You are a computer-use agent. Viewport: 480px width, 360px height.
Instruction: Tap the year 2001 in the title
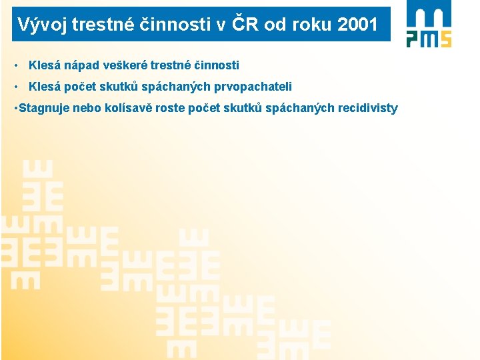click(x=357, y=25)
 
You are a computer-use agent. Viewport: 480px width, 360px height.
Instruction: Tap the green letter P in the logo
click(x=413, y=38)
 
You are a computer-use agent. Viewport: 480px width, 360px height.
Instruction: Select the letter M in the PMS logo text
click(x=429, y=38)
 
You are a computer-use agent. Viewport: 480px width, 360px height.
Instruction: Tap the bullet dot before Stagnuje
click(x=15, y=108)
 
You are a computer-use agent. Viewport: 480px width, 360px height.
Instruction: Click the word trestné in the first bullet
click(x=167, y=65)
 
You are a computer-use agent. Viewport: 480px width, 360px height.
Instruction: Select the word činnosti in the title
click(x=185, y=25)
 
